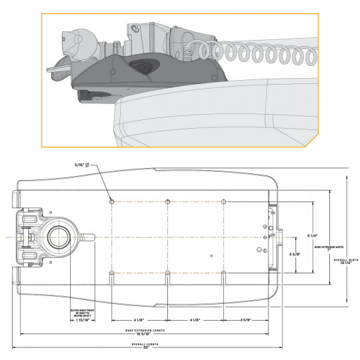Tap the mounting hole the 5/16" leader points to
point(112,200)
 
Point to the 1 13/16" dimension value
point(83,321)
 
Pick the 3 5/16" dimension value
point(245,321)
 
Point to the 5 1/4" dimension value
point(311,235)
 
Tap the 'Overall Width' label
point(345,259)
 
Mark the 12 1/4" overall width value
point(345,264)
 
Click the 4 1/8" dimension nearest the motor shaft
point(139,321)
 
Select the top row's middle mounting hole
point(168,200)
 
